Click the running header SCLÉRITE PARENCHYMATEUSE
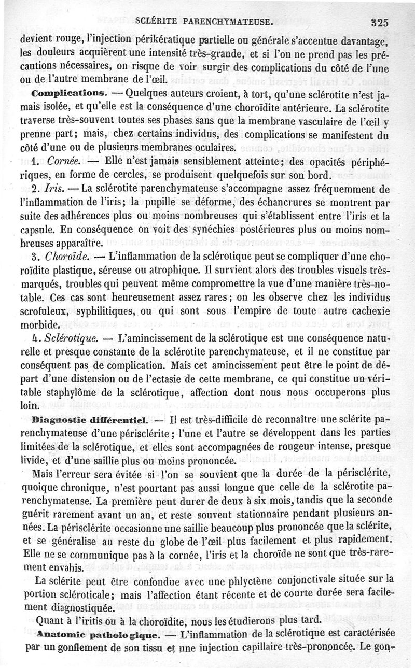click(x=204, y=22)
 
